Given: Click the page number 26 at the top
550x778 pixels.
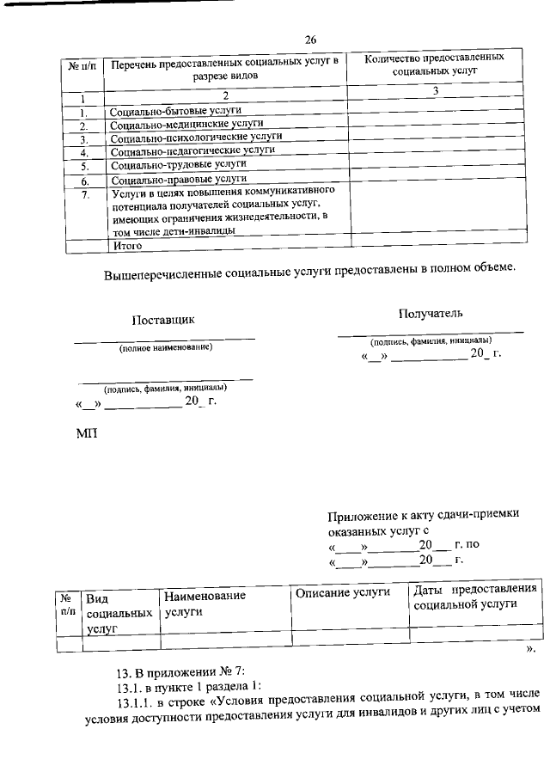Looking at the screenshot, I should pos(311,39).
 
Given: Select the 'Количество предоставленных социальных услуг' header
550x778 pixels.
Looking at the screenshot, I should pos(433,65).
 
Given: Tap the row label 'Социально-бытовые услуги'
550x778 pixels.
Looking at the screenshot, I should pos(174,111).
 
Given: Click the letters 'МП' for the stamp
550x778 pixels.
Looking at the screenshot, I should pos(87,432).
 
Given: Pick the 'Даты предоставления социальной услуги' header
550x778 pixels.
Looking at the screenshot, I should pos(475,597).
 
